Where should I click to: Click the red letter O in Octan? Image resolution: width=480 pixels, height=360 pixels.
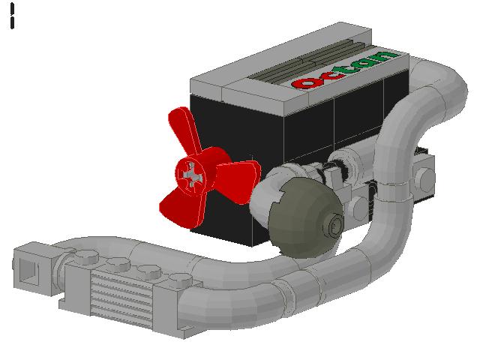305,82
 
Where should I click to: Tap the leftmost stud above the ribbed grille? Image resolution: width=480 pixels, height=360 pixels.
83,256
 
